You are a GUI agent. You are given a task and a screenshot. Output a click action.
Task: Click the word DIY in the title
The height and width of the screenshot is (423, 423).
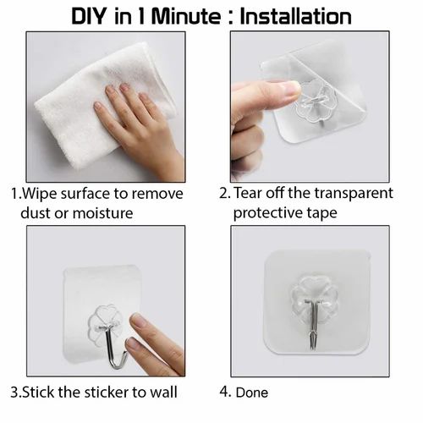click(89, 17)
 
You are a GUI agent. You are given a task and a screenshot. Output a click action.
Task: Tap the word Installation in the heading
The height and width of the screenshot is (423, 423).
click(296, 17)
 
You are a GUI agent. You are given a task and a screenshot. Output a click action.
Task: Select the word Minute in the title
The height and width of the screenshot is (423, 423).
click(186, 17)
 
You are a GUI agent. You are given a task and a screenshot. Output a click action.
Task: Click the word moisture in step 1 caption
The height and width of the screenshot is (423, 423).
click(102, 213)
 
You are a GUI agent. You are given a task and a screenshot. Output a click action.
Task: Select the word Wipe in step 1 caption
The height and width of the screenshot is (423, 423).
click(40, 194)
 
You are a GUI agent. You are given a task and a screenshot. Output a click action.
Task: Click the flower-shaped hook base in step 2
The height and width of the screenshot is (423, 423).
click(316, 102)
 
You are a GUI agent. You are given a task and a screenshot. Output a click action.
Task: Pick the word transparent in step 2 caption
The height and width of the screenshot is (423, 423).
click(354, 194)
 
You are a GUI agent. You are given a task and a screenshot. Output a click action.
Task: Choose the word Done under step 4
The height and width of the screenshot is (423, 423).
click(252, 393)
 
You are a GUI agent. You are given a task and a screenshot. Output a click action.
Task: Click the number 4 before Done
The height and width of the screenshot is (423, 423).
click(224, 392)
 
